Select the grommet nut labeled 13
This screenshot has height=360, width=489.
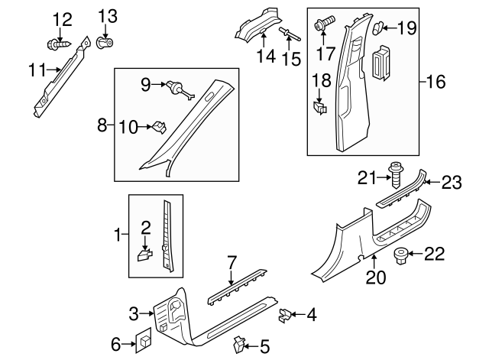(105, 43)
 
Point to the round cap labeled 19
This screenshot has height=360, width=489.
(377, 29)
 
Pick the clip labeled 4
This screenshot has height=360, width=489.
(285, 313)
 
